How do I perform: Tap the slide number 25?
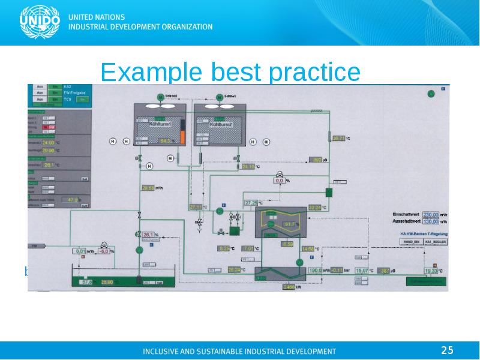coord(447,350)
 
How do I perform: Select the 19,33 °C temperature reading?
coord(433,271)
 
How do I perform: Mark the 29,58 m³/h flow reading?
coord(148,188)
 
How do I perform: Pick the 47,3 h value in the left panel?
coord(73,199)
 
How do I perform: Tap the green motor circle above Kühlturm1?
coord(160,97)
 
